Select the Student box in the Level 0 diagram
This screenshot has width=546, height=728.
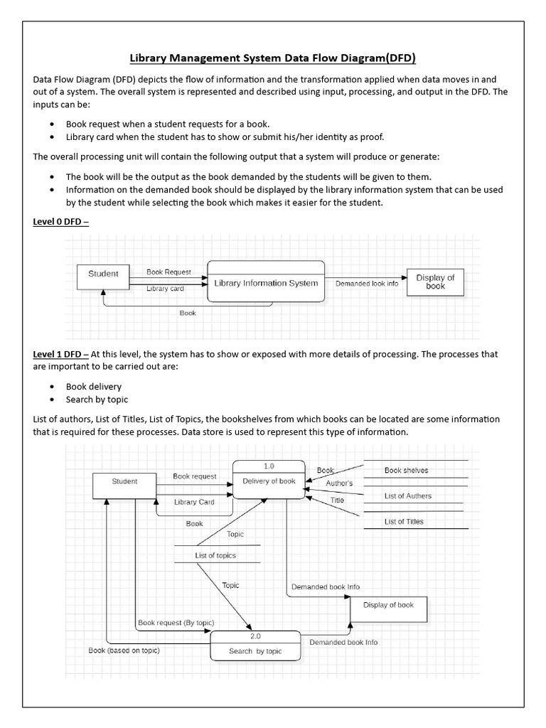(103, 274)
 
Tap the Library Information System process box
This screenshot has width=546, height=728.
(266, 282)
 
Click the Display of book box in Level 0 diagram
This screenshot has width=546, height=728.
(435, 282)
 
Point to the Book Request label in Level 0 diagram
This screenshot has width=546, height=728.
(168, 272)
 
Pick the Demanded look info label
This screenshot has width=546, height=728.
(366, 283)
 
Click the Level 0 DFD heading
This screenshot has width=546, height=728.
(60, 222)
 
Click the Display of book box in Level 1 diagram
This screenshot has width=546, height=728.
(388, 609)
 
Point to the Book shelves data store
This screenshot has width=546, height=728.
(407, 471)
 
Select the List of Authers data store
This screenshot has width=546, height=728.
(408, 496)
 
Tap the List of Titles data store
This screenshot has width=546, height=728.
(404, 522)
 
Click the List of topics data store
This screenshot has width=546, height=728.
(215, 555)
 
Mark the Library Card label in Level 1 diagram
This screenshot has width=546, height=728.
(194, 502)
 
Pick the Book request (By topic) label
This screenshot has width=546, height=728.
(176, 623)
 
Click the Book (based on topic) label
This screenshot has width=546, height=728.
(124, 651)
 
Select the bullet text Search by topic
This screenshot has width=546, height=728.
(97, 400)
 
